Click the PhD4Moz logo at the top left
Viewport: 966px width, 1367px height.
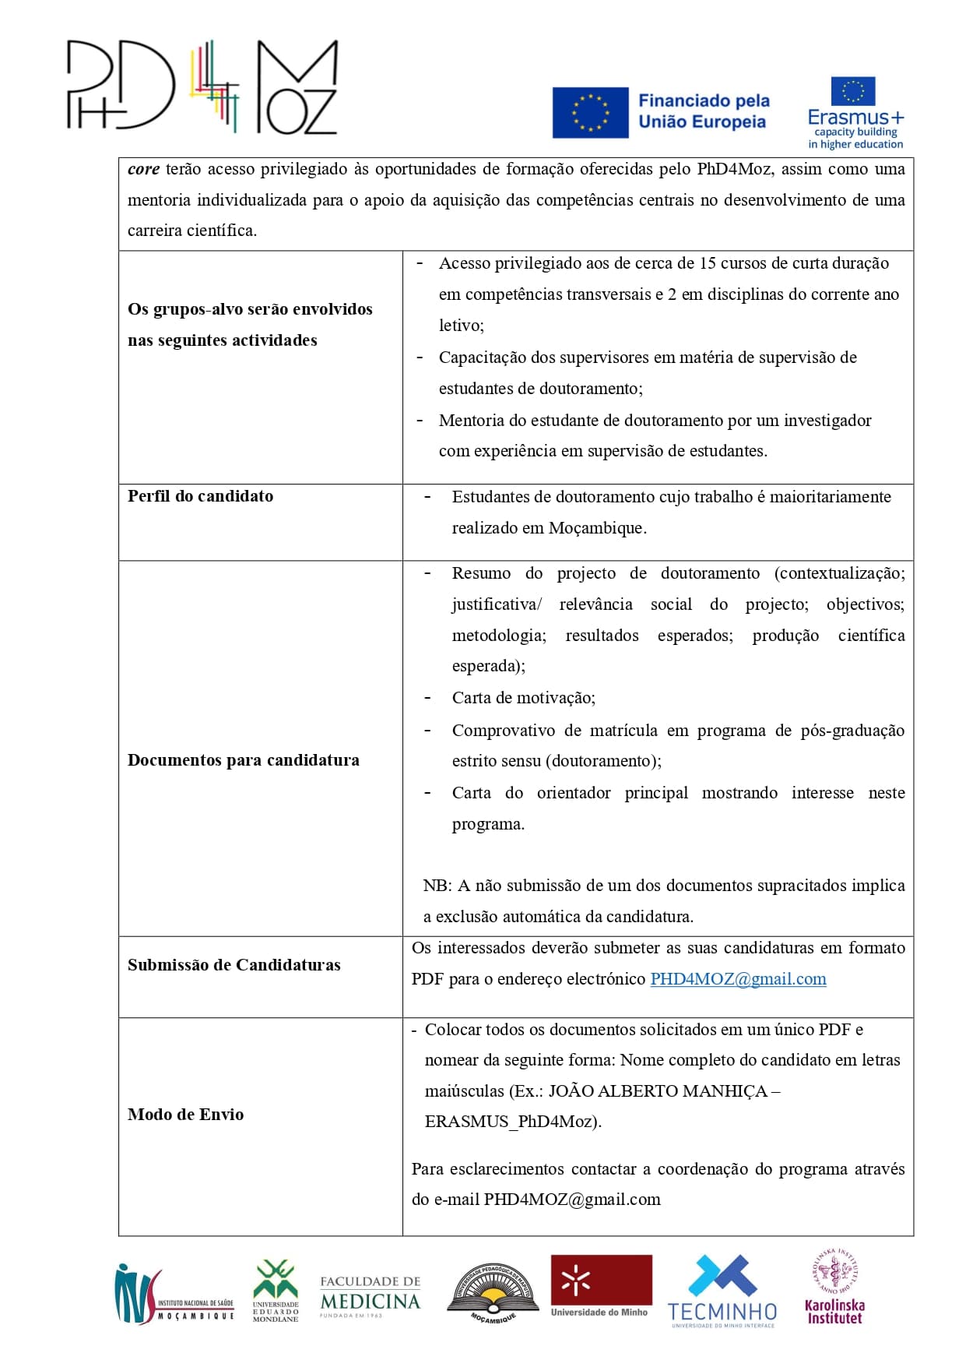[x=202, y=86]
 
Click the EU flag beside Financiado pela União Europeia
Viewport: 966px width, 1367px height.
[x=590, y=112]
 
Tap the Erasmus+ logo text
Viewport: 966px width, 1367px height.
[x=855, y=118]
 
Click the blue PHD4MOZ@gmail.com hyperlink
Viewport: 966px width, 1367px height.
[x=738, y=979]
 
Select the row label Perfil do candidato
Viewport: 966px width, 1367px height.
[x=200, y=496]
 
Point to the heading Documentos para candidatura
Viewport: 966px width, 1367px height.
[x=243, y=760]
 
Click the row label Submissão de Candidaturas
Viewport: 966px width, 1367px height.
[x=234, y=965]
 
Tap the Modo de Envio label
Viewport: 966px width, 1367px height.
[x=185, y=1115]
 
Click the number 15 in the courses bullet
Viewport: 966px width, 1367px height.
[x=707, y=263]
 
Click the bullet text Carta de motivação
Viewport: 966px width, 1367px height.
[x=523, y=698]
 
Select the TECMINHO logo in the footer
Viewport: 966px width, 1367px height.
[x=722, y=1291]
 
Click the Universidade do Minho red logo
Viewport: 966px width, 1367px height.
[x=601, y=1287]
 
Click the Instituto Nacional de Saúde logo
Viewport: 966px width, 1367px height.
[x=173, y=1295]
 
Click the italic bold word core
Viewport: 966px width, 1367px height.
[x=143, y=169]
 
